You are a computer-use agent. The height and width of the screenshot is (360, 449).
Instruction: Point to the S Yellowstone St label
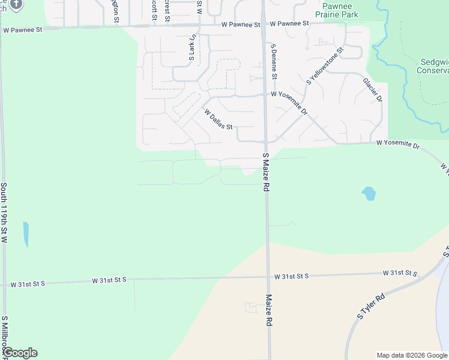(324, 66)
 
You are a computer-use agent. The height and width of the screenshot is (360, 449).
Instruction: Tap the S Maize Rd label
(265, 172)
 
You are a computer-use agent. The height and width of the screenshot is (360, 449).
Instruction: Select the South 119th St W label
(4, 212)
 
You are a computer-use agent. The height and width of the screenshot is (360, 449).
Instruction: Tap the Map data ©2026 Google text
(412, 355)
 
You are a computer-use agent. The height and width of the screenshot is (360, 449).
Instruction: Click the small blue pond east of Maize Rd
(369, 194)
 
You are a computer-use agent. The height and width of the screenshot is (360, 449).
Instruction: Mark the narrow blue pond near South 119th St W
(25, 234)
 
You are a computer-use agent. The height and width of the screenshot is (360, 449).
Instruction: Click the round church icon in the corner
(16, 4)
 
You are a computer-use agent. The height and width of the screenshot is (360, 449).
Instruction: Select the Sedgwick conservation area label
(432, 65)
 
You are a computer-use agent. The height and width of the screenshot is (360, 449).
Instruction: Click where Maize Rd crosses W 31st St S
(268, 277)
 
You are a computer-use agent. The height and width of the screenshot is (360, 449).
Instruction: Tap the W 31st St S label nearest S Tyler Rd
(400, 273)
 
